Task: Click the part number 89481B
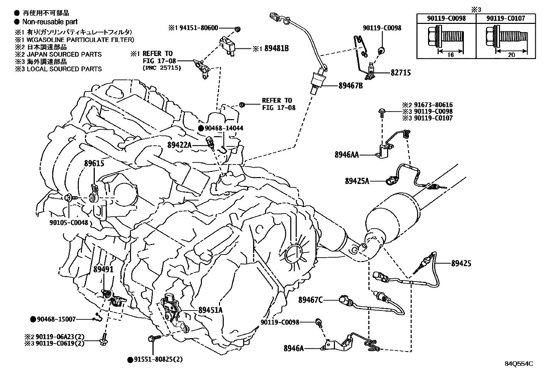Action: click(276, 48)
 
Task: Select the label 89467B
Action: click(351, 86)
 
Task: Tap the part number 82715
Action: click(401, 73)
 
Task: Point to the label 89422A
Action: click(179, 145)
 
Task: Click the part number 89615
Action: click(94, 163)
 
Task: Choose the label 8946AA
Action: click(347, 155)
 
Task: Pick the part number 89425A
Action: click(357, 181)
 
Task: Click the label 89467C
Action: click(310, 300)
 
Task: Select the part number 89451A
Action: click(210, 310)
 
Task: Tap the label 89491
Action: click(103, 269)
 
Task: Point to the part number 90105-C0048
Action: click(69, 222)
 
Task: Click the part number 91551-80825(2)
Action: click(158, 360)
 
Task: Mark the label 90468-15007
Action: click(56, 319)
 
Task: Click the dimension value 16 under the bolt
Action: click(451, 55)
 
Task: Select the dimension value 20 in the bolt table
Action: click(511, 55)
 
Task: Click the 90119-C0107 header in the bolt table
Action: click(506, 18)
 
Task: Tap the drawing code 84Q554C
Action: click(519, 364)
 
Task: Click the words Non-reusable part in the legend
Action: click(50, 22)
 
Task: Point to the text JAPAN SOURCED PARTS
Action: click(64, 54)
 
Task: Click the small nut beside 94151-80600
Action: click(238, 29)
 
